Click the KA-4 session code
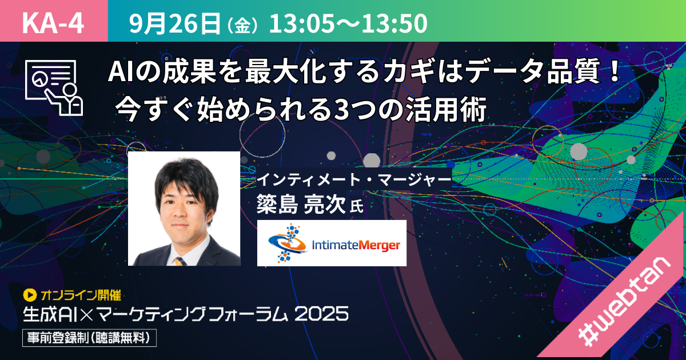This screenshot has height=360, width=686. click(53, 23)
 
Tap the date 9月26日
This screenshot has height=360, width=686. click(175, 23)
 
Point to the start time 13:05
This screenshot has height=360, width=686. click(301, 23)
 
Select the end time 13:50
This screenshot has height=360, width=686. click(395, 23)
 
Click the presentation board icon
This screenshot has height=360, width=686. click(54, 87)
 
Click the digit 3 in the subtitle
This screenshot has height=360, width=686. click(342, 109)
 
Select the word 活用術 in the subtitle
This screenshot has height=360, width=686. click(446, 109)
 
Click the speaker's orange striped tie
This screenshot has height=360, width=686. click(180, 261)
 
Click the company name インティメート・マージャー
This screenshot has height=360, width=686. click(354, 179)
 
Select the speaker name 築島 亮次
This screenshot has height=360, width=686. click(301, 204)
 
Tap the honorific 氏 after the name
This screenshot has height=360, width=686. click(357, 206)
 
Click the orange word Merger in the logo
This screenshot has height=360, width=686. click(379, 246)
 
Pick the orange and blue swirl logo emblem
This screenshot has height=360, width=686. click(287, 243)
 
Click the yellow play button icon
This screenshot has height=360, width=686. click(30, 295)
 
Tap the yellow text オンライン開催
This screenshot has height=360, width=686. click(81, 295)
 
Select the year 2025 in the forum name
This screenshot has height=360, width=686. click(321, 314)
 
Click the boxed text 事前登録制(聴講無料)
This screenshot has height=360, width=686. click(89, 338)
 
